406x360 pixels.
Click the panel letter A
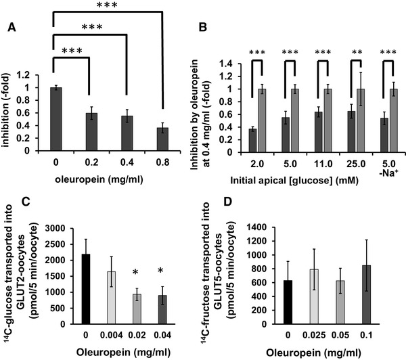click(12, 28)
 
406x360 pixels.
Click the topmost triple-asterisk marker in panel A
click(104, 5)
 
